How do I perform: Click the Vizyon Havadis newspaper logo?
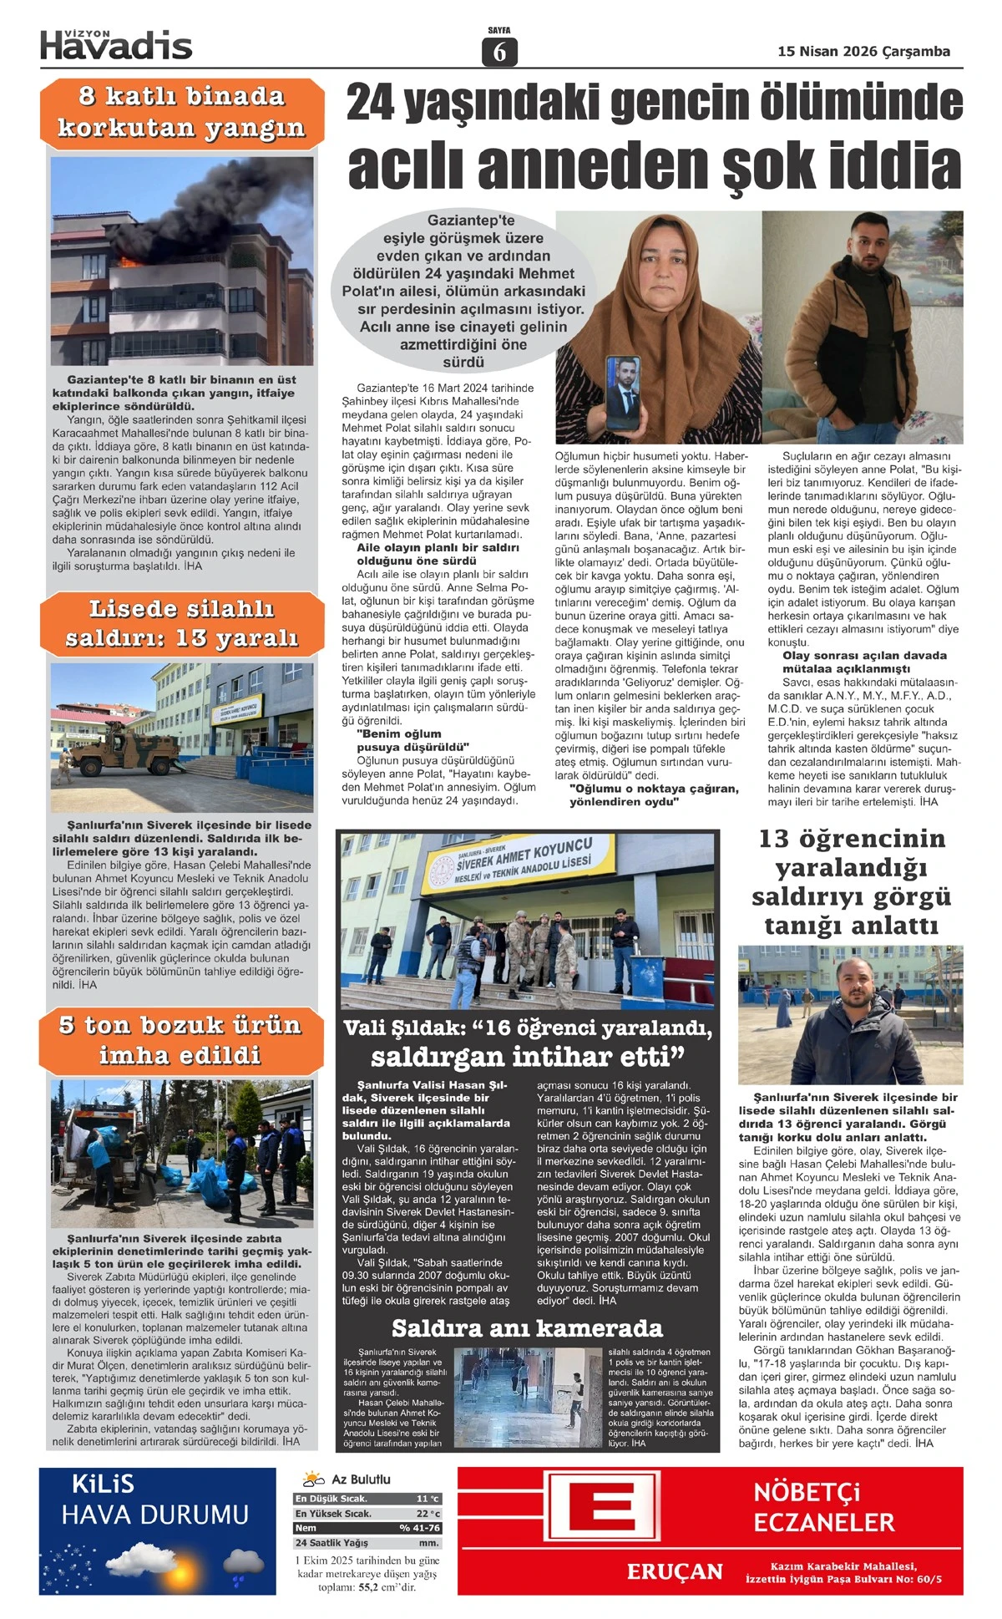(x=116, y=45)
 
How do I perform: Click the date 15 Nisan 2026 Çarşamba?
(x=863, y=52)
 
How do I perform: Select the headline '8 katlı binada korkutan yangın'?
(x=181, y=112)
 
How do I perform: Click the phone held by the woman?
(x=622, y=392)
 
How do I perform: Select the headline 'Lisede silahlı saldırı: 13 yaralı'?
(x=181, y=623)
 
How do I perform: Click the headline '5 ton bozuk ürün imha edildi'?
(x=180, y=1040)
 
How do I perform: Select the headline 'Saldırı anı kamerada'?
(x=527, y=1328)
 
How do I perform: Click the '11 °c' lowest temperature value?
(x=428, y=1499)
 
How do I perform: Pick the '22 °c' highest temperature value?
(x=428, y=1514)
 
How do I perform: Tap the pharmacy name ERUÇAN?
(x=675, y=1572)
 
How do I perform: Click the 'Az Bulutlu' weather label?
(x=361, y=1479)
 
